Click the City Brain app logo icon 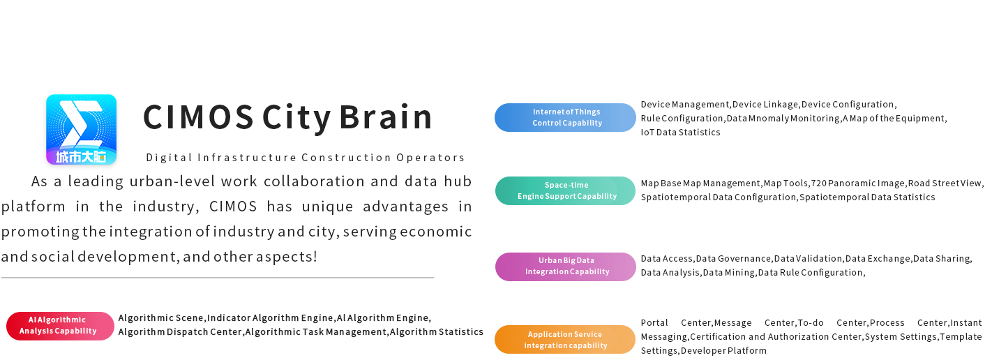tap(81, 129)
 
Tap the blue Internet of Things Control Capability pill tap(565, 117)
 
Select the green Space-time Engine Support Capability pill tap(565, 191)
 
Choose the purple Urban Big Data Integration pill tap(566, 267)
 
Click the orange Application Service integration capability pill tap(565, 340)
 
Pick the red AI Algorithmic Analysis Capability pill tap(60, 326)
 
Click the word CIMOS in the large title tap(198, 117)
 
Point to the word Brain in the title tap(386, 117)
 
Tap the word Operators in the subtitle tap(430, 158)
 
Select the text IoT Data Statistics tap(680, 133)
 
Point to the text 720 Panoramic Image tap(858, 183)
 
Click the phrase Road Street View tap(945, 183)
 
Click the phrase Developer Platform tap(723, 351)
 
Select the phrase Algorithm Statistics tap(436, 332)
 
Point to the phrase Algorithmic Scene tap(160, 318)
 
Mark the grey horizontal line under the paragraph tap(218, 278)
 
